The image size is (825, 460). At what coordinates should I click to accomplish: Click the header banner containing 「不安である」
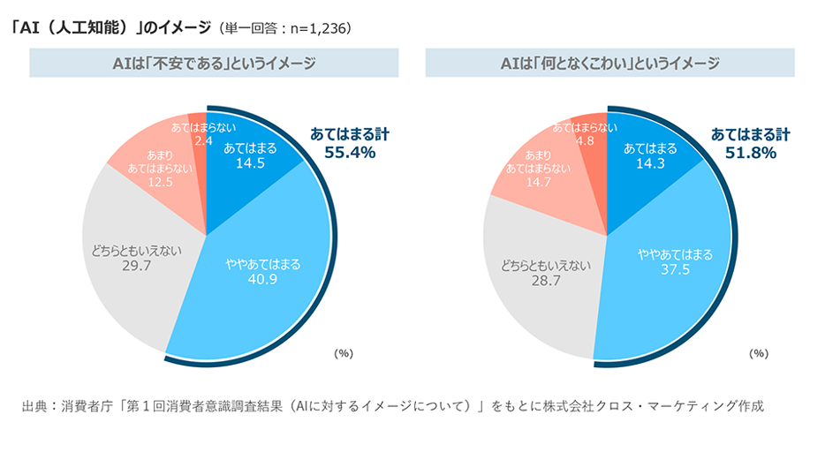click(215, 64)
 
